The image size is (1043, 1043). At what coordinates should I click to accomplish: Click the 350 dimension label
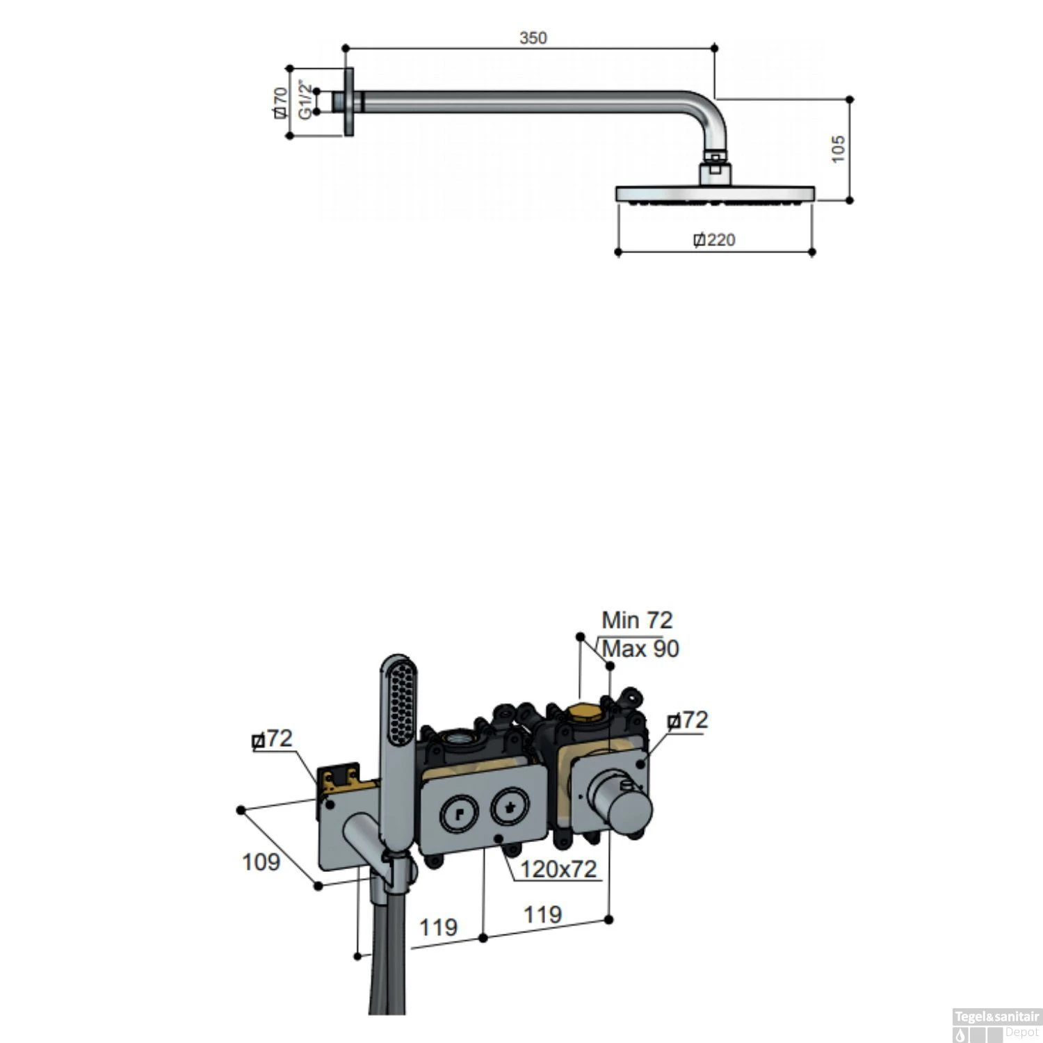(x=533, y=38)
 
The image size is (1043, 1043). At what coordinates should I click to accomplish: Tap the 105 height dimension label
(x=838, y=149)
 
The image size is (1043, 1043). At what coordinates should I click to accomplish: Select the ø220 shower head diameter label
(x=714, y=240)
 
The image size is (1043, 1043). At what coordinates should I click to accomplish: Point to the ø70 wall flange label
(x=280, y=102)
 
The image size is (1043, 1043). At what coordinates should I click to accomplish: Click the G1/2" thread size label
(x=305, y=100)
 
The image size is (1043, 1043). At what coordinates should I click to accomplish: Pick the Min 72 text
(x=637, y=620)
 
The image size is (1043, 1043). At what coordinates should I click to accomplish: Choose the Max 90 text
(x=640, y=649)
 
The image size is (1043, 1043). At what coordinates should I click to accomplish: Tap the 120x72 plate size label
(x=559, y=869)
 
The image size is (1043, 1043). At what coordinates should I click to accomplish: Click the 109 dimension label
(x=261, y=862)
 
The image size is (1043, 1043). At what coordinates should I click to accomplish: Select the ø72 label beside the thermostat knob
(x=688, y=720)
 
